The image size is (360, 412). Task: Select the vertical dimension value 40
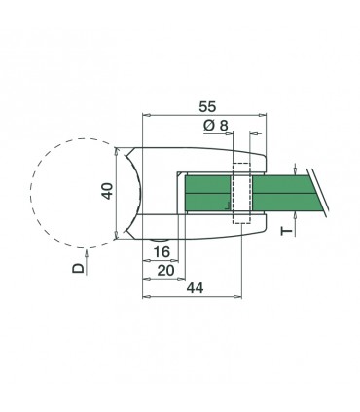click(107, 192)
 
